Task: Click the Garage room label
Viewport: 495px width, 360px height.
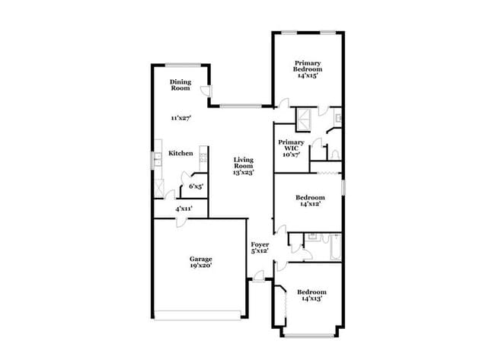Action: tap(200, 259)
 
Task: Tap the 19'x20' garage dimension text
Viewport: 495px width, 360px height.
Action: tap(200, 266)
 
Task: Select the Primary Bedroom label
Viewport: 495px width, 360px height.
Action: tap(308, 66)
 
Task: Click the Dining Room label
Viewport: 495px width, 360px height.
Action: tap(180, 85)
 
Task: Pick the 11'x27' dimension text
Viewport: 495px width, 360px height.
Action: tap(180, 118)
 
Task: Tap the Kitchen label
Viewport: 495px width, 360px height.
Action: tap(180, 153)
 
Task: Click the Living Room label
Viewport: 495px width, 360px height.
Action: tap(243, 163)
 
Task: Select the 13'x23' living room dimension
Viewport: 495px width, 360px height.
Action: tap(243, 173)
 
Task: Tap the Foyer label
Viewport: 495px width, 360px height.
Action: tap(260, 244)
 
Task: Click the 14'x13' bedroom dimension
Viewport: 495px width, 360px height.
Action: tap(311, 299)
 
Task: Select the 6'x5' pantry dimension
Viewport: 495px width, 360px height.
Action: tap(196, 186)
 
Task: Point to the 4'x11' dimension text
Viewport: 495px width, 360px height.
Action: tap(184, 208)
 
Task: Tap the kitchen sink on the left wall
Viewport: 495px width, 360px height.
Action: tap(155, 158)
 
